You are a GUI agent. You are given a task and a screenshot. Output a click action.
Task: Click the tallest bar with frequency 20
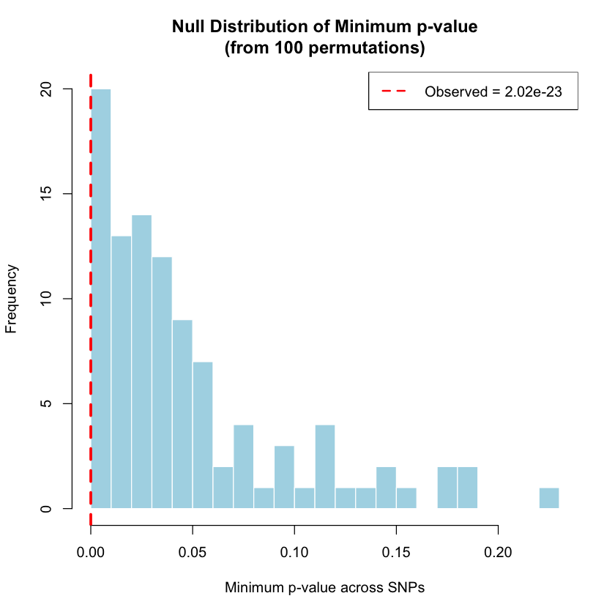(x=101, y=299)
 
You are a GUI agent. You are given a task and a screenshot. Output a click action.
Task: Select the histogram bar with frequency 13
(x=122, y=372)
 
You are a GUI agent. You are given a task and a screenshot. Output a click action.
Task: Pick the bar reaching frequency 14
(x=141, y=362)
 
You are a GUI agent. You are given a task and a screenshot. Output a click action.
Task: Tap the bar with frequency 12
(x=162, y=382)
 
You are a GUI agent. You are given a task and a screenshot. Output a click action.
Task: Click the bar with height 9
(x=182, y=414)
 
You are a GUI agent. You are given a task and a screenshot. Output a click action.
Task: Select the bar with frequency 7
(x=203, y=435)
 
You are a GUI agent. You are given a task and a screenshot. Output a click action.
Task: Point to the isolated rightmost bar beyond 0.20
(x=549, y=498)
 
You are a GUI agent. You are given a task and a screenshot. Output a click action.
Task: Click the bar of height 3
(x=284, y=477)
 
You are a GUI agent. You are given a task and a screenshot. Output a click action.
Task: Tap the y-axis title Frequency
(x=12, y=299)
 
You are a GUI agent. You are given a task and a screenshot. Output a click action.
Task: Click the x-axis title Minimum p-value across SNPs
(x=324, y=587)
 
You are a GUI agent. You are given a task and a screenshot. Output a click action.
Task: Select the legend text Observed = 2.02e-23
(x=493, y=92)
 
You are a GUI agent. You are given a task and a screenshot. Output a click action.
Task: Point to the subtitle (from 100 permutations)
(x=324, y=49)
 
